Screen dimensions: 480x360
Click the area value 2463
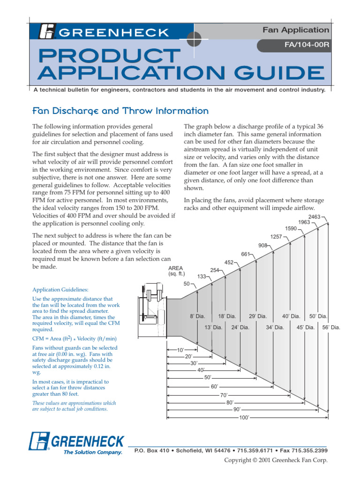[x=314, y=217]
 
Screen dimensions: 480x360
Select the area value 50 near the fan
[x=187, y=284]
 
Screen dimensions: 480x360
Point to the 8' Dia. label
[x=197, y=316]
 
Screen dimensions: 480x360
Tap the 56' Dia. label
[x=331, y=327]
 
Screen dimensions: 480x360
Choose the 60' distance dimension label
[x=215, y=387]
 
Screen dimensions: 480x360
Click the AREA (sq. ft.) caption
[x=176, y=271]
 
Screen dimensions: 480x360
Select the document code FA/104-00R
[x=305, y=46]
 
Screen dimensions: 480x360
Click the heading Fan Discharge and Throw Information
[x=120, y=111]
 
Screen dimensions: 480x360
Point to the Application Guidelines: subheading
[x=60, y=290]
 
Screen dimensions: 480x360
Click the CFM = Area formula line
[x=74, y=338]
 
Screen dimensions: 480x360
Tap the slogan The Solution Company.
[x=93, y=452]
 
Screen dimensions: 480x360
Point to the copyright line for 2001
[x=276, y=460]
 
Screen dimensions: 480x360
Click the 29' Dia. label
[x=257, y=316]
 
